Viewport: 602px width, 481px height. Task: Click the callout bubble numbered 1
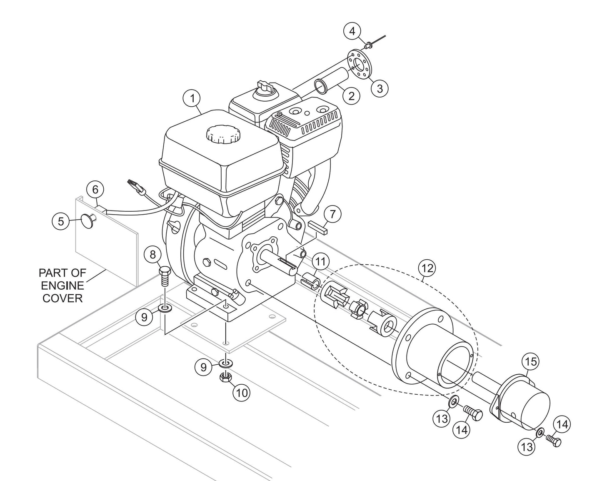(x=192, y=99)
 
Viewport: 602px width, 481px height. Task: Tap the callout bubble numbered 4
(x=352, y=31)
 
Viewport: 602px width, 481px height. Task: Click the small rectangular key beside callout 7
(x=319, y=228)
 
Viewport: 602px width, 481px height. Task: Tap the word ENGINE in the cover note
(x=63, y=286)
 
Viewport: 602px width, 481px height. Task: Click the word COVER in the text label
(x=63, y=298)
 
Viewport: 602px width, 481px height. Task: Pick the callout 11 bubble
(x=320, y=262)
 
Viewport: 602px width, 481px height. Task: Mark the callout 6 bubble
(x=95, y=190)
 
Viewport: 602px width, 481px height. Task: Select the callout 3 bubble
(x=380, y=88)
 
